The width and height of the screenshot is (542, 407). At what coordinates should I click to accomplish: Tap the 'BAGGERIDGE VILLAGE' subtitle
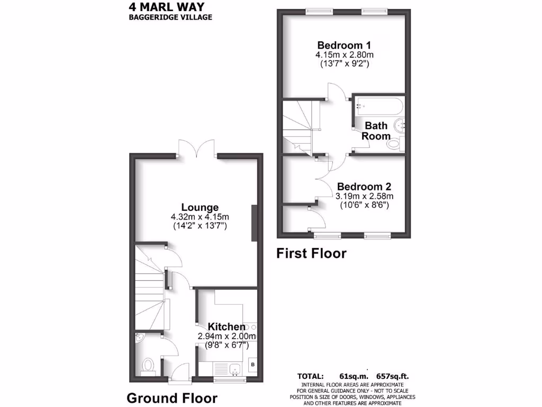170,17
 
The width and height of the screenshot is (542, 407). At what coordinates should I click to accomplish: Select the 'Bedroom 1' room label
344,45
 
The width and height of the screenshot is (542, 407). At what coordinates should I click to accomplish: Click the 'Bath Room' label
375,130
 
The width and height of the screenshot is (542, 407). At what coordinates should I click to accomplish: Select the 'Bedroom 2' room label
364,187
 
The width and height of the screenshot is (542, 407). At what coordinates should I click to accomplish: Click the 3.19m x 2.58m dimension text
364,196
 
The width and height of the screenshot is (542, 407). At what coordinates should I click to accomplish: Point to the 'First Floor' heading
312,253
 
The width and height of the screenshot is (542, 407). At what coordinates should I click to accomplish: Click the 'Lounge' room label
200,207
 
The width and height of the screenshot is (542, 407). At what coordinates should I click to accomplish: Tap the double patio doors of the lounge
196,148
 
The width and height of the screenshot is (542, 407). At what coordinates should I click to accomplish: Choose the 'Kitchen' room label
227,326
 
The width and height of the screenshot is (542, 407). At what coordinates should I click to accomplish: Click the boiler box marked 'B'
252,365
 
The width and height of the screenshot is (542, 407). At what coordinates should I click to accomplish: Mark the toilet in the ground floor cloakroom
148,366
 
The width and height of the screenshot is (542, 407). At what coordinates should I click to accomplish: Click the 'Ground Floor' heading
172,397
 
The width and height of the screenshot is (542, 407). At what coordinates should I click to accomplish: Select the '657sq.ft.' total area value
392,377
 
